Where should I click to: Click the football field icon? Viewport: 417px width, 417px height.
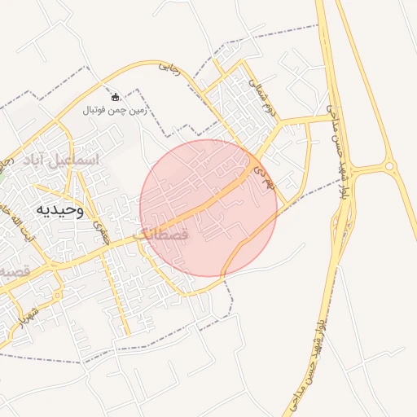[x=114, y=97]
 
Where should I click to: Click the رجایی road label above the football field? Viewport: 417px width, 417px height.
[x=169, y=66]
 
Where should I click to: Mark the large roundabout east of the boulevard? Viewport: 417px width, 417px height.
[x=389, y=168]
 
